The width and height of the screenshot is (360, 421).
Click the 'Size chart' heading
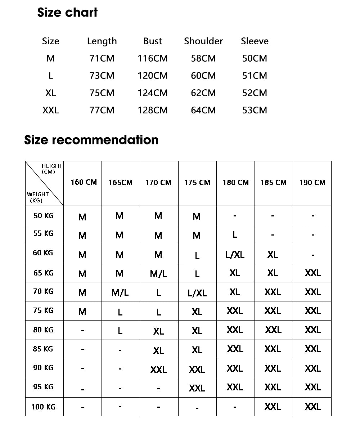pos(67,13)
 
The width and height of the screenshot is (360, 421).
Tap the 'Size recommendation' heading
pos(91,140)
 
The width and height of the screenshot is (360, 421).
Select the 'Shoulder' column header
pos(203,41)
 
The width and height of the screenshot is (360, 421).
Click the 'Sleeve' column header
pos(255,41)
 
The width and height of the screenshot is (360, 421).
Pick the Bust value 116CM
pos(152,58)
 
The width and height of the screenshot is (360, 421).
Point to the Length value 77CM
pos(102,110)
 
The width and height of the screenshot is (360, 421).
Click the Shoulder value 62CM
pos(203,93)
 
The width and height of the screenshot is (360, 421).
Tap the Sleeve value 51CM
pos(255,76)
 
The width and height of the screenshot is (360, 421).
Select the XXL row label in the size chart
pos(50,110)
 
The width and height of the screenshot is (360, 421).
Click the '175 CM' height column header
pos(197,183)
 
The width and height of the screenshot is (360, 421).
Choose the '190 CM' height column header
pos(312,183)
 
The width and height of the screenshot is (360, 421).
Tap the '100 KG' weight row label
pos(43,407)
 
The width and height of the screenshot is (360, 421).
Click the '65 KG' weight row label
pos(43,273)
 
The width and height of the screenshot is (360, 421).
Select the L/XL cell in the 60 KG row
pos(235,255)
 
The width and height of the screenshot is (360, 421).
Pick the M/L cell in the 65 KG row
pos(158,274)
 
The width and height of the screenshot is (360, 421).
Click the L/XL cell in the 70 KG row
pos(197,293)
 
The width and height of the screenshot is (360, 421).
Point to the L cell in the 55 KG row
pos(235,234)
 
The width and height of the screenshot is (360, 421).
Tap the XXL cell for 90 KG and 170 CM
pos(158,370)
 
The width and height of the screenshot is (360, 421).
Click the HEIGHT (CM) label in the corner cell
pos(51,169)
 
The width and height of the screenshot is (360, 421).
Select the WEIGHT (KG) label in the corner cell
pos(37,197)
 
